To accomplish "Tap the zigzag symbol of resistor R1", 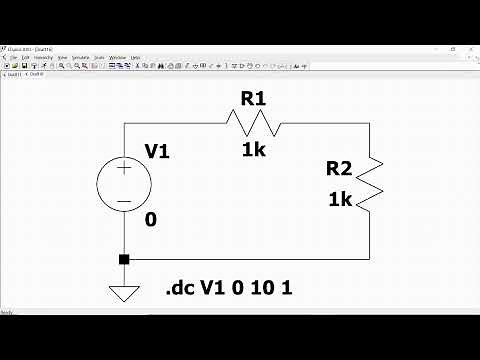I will [x=253, y=123].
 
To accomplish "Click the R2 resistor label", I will [x=341, y=170].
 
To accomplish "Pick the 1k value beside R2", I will [x=340, y=199].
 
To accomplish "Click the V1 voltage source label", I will [x=157, y=151].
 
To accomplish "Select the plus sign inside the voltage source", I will [x=124, y=169].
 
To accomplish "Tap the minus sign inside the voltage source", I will [x=124, y=201].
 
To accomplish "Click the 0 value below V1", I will [x=150, y=219].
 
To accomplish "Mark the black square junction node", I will [x=124, y=260].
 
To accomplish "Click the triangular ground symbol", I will [x=124, y=293].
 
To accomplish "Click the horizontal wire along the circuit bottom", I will [x=250, y=260].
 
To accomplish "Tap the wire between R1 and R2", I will [x=330, y=123].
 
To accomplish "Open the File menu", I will [x=13, y=58].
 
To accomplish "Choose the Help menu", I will [x=135, y=58].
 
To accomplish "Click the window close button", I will [x=472, y=46].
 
